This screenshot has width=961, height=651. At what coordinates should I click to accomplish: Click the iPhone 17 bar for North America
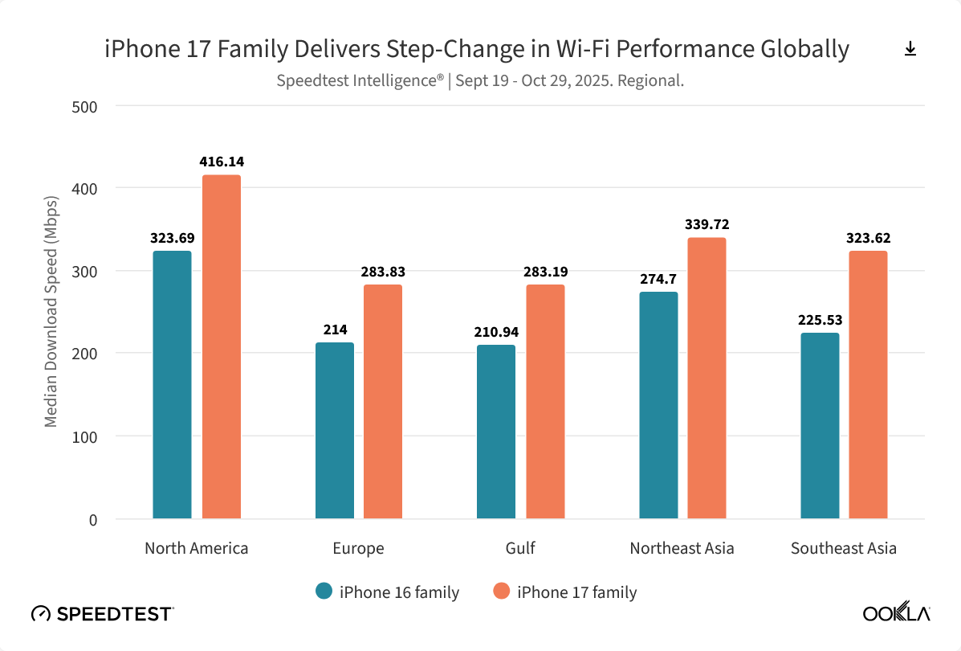click(x=221, y=346)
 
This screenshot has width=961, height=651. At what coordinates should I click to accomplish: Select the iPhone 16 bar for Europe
click(x=334, y=430)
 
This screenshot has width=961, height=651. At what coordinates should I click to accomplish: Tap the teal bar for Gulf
click(x=496, y=432)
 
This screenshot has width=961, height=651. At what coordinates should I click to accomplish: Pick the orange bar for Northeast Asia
click(x=706, y=378)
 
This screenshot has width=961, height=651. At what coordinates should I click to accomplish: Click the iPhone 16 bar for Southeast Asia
click(x=820, y=425)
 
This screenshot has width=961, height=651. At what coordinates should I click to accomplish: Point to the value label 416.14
click(x=222, y=162)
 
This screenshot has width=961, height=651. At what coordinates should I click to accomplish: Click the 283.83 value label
click(x=383, y=272)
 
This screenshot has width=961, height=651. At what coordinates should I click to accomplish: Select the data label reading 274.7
click(x=658, y=279)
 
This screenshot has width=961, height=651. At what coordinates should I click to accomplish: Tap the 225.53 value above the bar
click(x=820, y=320)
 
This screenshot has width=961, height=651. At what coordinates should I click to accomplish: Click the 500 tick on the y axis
click(x=85, y=105)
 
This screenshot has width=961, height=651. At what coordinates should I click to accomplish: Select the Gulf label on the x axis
click(x=520, y=548)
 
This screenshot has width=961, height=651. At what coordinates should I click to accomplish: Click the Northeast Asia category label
click(x=682, y=548)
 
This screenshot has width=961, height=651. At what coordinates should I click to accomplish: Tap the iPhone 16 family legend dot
click(x=324, y=592)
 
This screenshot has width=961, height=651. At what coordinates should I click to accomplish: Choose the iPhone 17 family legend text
click(x=576, y=592)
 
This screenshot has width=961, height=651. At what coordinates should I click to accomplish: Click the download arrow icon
click(x=910, y=49)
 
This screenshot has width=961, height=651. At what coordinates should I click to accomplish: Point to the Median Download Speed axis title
click(x=51, y=311)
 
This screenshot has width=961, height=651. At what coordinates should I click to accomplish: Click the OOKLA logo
click(x=896, y=614)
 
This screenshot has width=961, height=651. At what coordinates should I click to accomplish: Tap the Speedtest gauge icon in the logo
click(x=40, y=614)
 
